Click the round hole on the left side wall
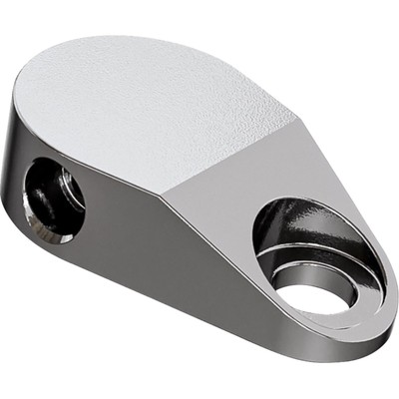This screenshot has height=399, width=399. pyautogui.click(x=53, y=199)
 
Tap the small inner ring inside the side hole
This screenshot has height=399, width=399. pyautogui.click(x=65, y=190)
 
